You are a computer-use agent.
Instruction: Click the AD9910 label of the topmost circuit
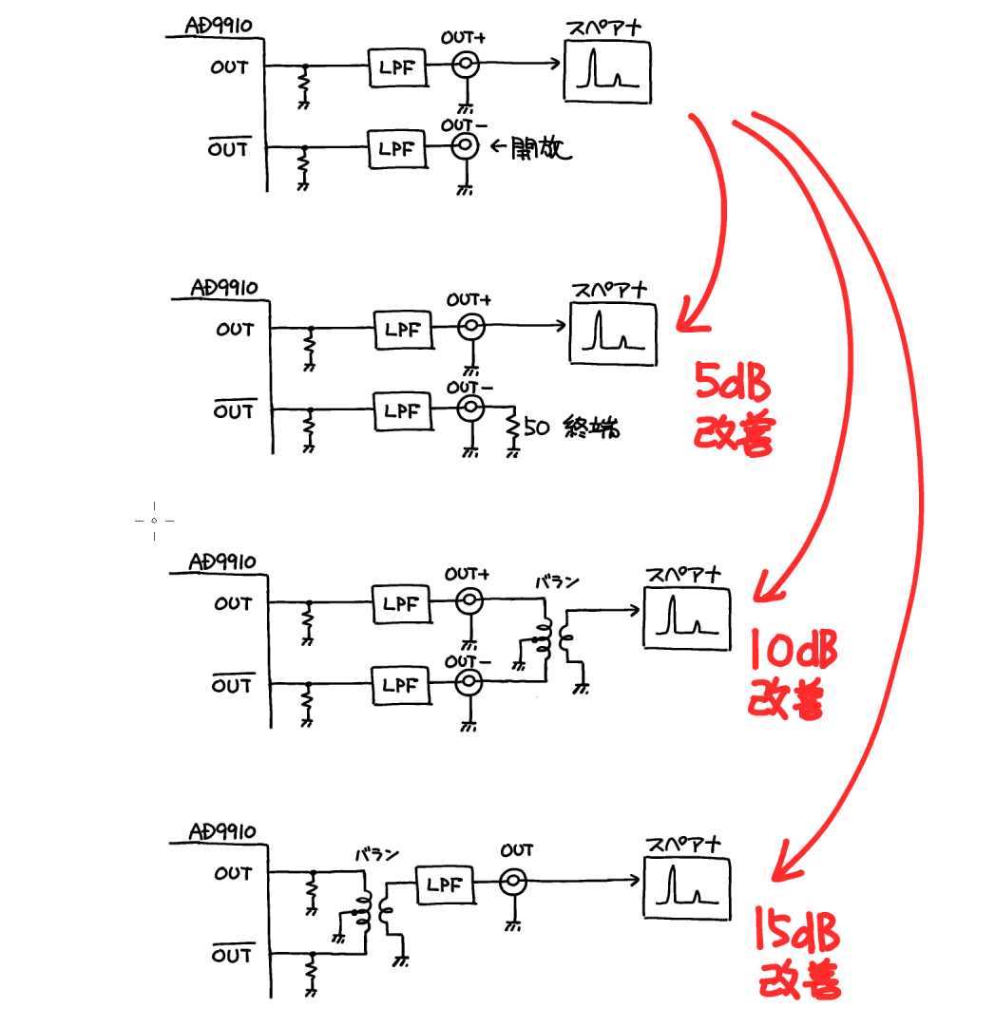(219, 26)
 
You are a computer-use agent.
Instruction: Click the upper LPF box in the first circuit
(398, 67)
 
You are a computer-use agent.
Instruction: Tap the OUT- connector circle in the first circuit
(465, 146)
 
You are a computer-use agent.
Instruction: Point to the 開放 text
(541, 147)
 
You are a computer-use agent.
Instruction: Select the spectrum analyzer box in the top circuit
(607, 71)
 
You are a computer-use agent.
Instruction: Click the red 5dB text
(733, 381)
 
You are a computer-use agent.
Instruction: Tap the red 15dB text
(797, 929)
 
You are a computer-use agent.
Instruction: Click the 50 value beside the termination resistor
(536, 428)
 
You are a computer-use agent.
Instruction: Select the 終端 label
(591, 427)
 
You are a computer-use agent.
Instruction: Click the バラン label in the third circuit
(558, 581)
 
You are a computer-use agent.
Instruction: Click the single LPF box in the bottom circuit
(446, 884)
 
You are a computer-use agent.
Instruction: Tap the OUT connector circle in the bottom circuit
(513, 883)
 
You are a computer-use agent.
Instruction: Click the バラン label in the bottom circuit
(376, 855)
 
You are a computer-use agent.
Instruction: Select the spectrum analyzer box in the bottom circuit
(686, 888)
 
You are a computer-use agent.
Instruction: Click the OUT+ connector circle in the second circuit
(471, 326)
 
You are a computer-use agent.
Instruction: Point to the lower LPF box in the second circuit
(404, 411)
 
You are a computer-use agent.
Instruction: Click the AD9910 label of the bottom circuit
(222, 832)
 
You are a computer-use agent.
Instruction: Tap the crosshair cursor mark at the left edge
(154, 521)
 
